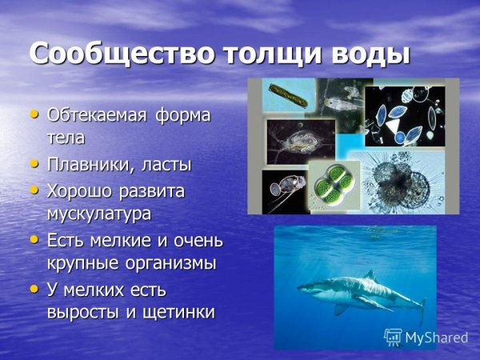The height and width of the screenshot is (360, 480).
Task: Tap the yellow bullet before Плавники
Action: point(34,164)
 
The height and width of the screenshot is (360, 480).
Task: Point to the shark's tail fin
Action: point(421,308)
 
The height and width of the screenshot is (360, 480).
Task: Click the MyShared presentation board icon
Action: point(393,337)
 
